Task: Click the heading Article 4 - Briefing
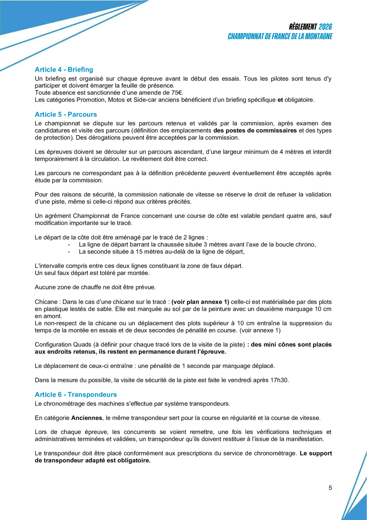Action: tap(64, 70)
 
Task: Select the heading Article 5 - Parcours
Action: tap(66, 115)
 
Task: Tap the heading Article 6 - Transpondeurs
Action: tap(76, 395)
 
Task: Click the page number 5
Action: tap(330, 488)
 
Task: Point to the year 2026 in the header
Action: tap(325, 27)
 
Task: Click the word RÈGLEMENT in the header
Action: tap(302, 27)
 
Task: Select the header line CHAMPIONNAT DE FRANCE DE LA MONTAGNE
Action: tap(280, 36)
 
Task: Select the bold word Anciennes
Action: tap(87, 418)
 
